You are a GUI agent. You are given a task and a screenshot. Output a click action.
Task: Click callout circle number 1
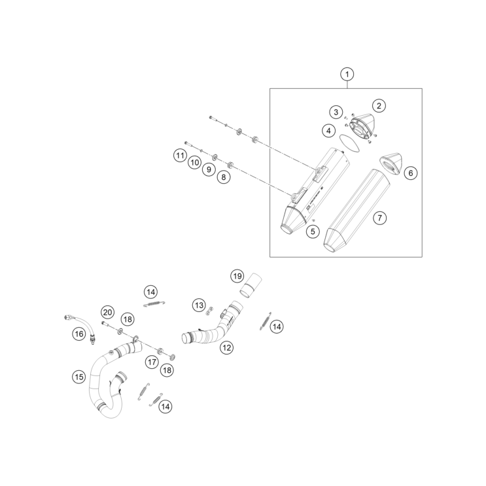pyautogui.click(x=347, y=74)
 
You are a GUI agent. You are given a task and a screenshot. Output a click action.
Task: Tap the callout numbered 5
pyautogui.click(x=313, y=230)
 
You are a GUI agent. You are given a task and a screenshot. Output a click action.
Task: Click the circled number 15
pyautogui.click(x=78, y=376)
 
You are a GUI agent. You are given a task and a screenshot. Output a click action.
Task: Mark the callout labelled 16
pyautogui.click(x=78, y=334)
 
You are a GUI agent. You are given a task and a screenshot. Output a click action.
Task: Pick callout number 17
pyautogui.click(x=152, y=360)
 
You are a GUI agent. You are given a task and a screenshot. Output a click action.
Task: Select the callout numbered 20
pyautogui.click(x=107, y=312)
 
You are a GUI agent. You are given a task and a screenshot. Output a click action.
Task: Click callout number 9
pyautogui.click(x=209, y=169)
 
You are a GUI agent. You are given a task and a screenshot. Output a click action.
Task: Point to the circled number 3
pyautogui.click(x=336, y=112)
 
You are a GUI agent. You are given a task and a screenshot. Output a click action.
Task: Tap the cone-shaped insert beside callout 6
pyautogui.click(x=392, y=162)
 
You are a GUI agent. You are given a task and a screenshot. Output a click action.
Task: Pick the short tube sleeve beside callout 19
pyautogui.click(x=251, y=287)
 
